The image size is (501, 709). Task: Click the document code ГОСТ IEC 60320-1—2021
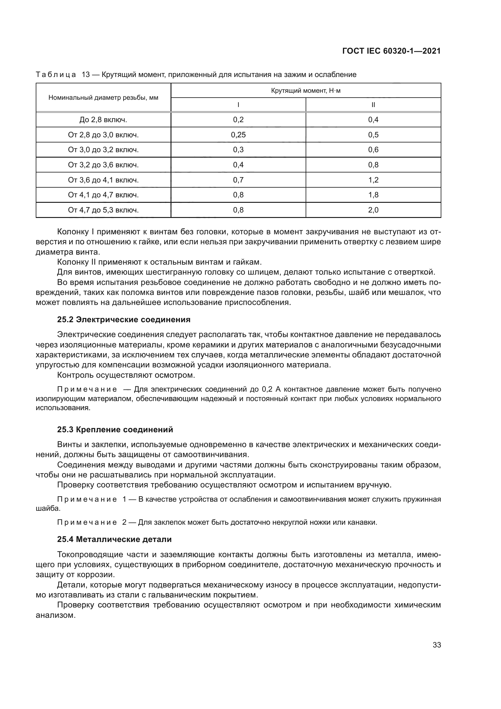391,51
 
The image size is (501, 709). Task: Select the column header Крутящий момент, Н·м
306,91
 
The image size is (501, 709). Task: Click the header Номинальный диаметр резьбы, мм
103,98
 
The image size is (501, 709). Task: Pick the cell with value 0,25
238,135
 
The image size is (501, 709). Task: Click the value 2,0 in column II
373,210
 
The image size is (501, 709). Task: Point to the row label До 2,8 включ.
103,120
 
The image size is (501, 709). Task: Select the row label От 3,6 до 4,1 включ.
103,180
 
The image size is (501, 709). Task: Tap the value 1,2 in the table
373,180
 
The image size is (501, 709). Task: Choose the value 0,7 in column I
238,180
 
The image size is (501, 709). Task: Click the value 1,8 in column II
373,195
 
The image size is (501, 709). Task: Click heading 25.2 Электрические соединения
124,319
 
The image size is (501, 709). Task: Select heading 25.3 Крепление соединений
115,430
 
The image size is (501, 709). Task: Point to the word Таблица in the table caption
56,75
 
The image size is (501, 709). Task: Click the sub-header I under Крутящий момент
238,105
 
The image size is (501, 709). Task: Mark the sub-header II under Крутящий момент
373,105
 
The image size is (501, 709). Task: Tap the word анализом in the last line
56,615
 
